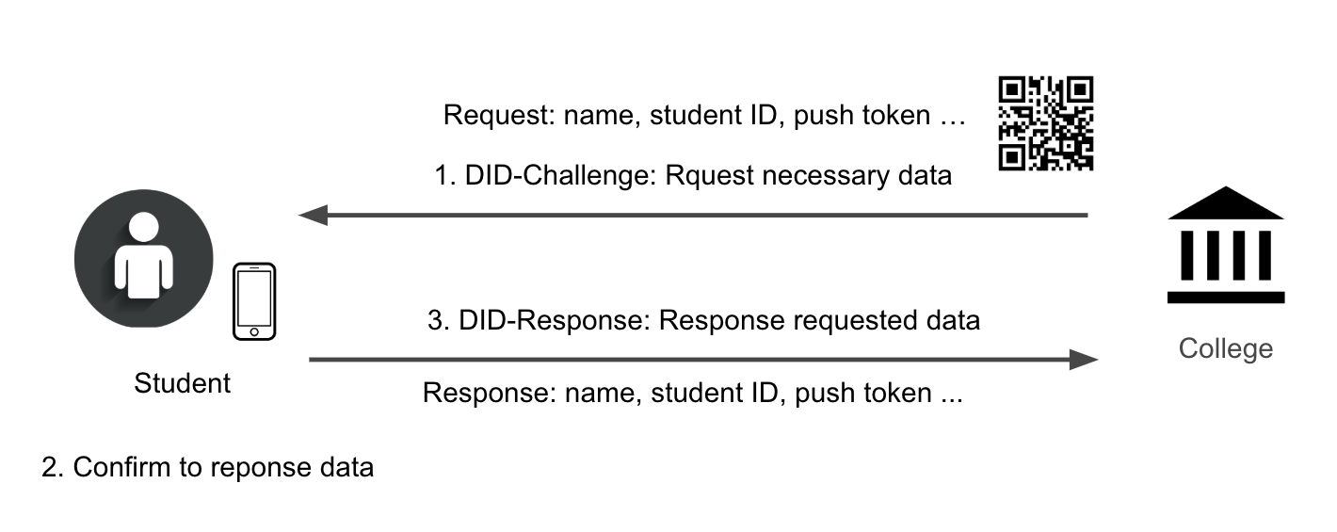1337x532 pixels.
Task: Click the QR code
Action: pos(1045,123)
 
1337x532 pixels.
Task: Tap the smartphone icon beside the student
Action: pos(254,301)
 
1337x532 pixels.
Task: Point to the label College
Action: pos(1225,349)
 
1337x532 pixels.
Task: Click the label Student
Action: pos(182,383)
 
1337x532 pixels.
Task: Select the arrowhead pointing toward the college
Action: pos(1085,360)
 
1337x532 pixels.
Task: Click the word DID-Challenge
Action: pos(557,176)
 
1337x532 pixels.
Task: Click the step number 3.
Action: pos(435,320)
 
